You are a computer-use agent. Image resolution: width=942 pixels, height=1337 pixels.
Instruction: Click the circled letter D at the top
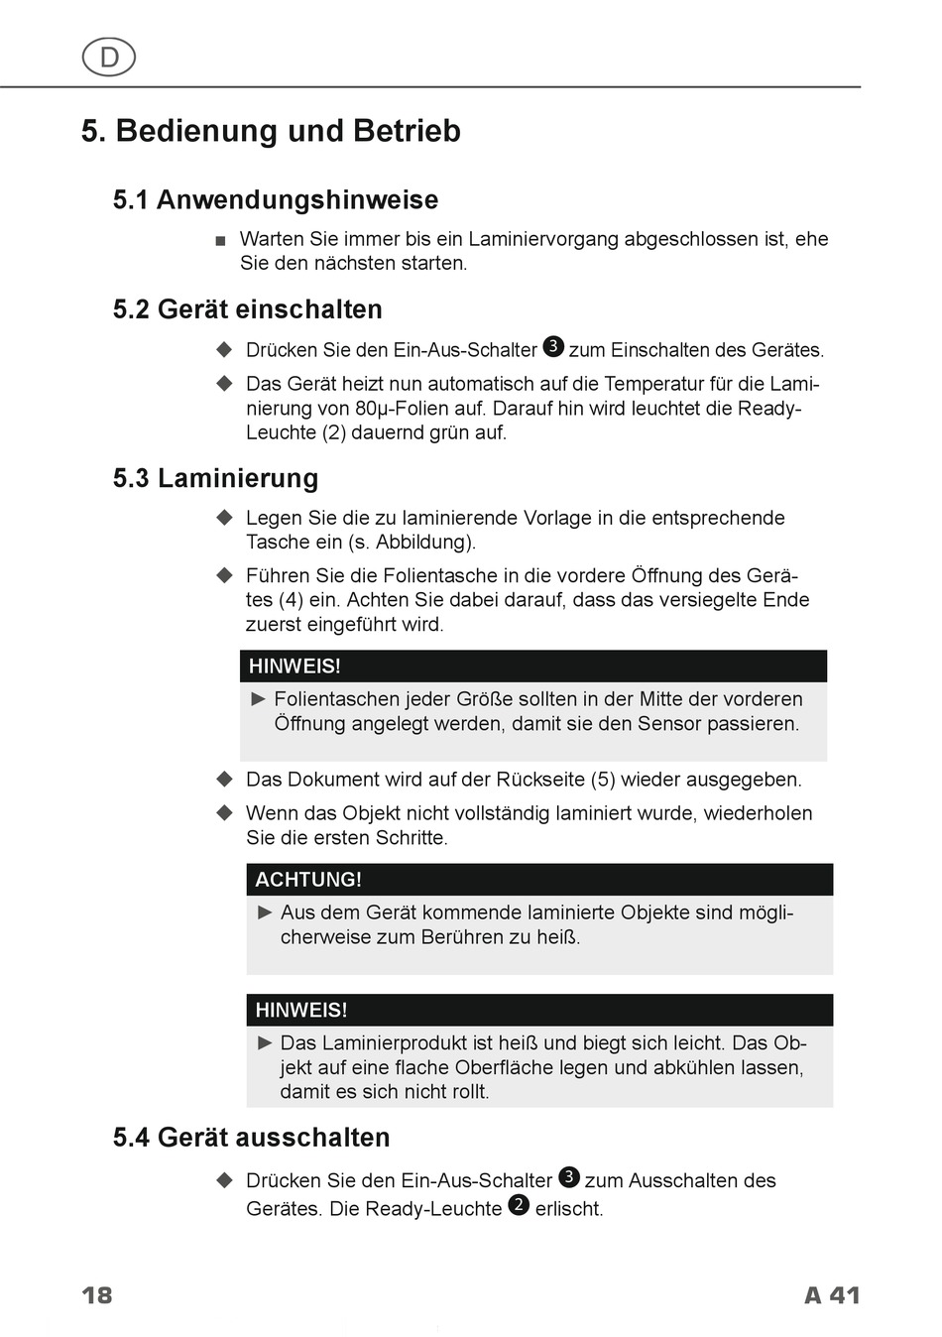pos(109,58)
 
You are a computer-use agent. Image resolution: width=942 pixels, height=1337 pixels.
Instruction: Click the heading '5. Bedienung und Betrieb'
pos(271,131)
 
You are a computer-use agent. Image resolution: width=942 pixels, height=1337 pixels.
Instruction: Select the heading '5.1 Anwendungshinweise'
pos(275,200)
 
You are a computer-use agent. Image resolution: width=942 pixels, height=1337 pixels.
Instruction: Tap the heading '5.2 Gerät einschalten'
pos(247,309)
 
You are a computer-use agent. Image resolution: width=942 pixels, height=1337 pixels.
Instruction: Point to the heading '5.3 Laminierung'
pos(215,478)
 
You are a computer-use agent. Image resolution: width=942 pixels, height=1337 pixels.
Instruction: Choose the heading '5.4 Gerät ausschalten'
pos(251,1137)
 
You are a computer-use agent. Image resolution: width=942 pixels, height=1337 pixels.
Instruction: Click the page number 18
pos(97,1295)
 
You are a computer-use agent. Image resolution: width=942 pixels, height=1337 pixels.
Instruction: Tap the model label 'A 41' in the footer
pos(831,1295)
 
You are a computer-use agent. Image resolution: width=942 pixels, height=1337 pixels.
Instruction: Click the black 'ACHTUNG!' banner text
pos(308,880)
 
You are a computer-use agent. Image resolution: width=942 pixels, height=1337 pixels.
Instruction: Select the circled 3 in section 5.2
pos(554,346)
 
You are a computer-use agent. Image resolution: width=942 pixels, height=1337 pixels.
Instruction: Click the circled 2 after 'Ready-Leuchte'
pos(519,1205)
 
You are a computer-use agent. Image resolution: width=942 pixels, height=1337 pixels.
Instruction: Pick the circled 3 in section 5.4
pos(569,1177)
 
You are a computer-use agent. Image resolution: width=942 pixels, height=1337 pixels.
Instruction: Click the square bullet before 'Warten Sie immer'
pos(220,241)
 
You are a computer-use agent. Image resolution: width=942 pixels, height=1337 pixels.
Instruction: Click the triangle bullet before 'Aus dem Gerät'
pos(265,912)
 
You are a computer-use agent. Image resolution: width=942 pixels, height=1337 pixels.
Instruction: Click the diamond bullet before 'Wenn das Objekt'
pos(225,813)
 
